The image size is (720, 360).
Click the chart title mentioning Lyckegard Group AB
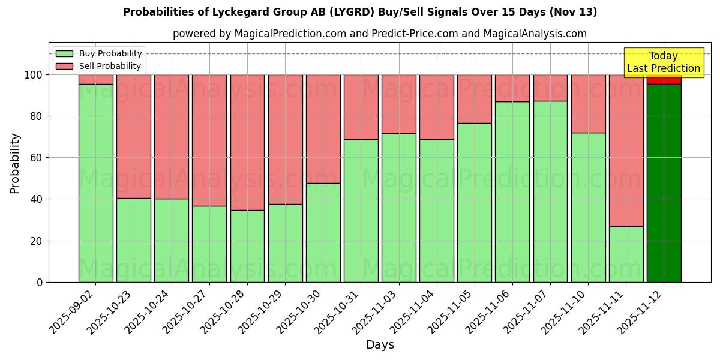[360, 12]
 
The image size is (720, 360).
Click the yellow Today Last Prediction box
[663, 62]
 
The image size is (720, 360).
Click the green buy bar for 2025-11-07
[550, 191]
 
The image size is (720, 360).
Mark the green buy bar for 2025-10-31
[361, 211]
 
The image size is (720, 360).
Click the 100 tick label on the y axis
[35, 75]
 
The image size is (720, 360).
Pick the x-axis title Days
[380, 345]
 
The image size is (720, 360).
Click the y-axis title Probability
[15, 163]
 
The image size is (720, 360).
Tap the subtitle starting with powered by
[379, 34]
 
